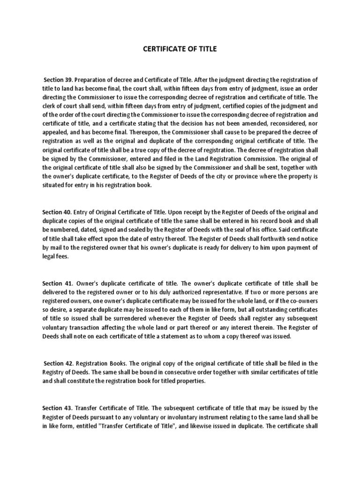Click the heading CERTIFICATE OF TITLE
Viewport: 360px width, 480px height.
tap(180, 49)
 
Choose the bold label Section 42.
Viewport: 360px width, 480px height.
tap(58, 363)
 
